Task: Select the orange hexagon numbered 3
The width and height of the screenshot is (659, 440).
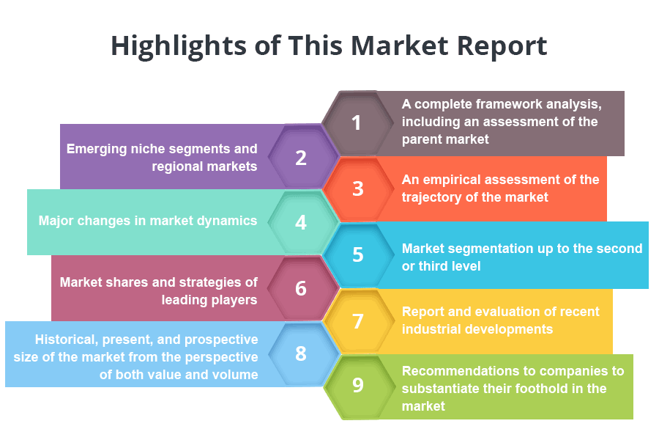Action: point(357,189)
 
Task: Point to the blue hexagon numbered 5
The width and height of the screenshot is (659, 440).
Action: point(357,255)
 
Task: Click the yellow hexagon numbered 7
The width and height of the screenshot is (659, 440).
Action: point(357,321)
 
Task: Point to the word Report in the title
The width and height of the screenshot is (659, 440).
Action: point(502,45)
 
